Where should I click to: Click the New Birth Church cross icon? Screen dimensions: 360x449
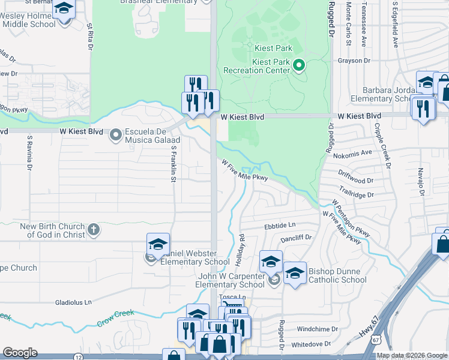coord(93,230)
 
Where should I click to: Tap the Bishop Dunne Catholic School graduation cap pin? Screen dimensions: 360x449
coord(294,273)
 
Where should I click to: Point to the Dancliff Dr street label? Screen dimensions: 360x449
coord(295,238)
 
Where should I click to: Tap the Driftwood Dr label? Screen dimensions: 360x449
coord(356,179)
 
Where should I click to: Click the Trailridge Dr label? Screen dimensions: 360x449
coord(356,194)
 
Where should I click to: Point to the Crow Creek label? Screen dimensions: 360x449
coord(116,319)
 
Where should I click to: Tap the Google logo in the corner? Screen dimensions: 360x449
coord(20,353)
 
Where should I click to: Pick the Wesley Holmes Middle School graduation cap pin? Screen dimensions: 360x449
coord(63,10)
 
